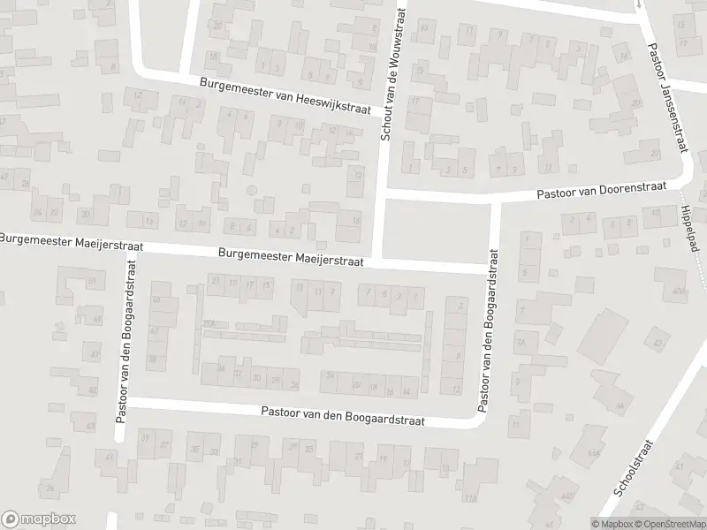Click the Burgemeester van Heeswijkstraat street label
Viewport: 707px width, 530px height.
tap(289, 96)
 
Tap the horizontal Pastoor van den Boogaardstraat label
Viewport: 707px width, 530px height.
tap(343, 416)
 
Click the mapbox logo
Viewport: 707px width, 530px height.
tap(39, 519)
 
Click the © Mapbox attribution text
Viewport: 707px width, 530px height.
tap(612, 524)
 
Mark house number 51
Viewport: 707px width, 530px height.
tap(91, 281)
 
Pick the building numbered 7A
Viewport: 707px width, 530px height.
tap(521, 342)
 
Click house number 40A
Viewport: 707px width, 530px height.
tap(678, 291)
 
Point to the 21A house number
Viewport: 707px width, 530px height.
tap(209, 324)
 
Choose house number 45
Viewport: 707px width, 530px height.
tap(92, 390)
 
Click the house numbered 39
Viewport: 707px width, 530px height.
tap(144, 439)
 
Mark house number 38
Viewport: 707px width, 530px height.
tap(152, 359)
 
